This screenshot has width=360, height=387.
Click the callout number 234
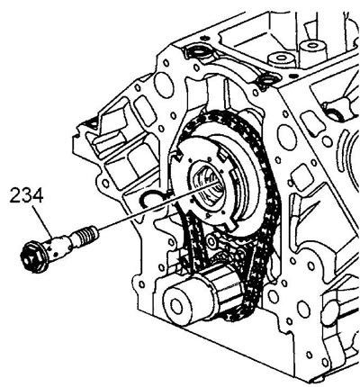click(x=26, y=195)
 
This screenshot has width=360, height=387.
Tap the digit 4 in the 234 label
click(x=38, y=195)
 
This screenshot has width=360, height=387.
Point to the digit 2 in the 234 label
click(x=15, y=195)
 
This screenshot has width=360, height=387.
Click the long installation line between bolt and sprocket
click(x=157, y=206)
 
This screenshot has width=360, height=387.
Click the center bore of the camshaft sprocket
click(x=208, y=186)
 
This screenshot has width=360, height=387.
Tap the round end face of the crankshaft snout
click(x=177, y=305)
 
